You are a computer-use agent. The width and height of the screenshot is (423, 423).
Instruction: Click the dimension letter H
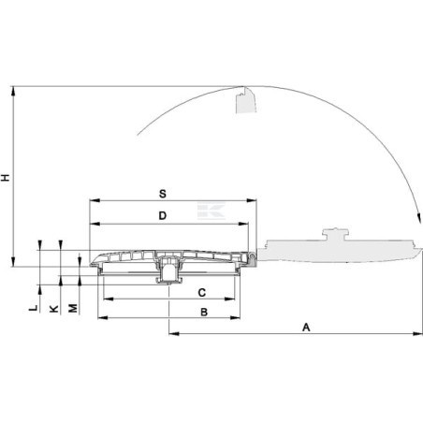coord(6,178)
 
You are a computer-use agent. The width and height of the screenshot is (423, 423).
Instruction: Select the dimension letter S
coord(163,194)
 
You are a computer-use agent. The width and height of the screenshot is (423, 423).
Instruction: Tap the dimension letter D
coord(163,215)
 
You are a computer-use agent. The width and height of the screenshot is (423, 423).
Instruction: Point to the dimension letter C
coord(202,293)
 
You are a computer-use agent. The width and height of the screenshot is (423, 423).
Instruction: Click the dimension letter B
coord(204,312)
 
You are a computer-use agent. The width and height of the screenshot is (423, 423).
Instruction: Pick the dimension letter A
coord(306,328)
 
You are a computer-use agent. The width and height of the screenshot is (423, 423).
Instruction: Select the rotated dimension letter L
coord(34,308)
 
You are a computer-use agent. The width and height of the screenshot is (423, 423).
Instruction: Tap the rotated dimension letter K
coord(54,309)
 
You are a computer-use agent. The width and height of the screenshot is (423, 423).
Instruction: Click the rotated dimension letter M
coord(73,308)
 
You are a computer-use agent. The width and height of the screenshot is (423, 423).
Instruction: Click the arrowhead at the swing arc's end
coord(419,218)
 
